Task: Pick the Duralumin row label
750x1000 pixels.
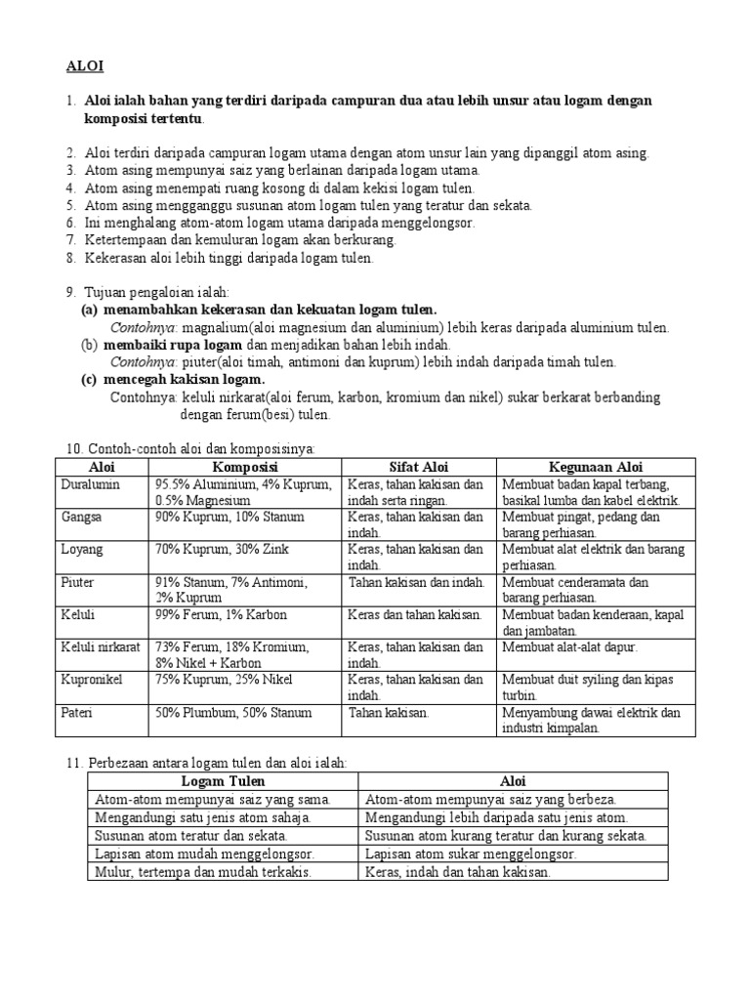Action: [x=89, y=484]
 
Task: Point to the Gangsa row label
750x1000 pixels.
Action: [x=82, y=517]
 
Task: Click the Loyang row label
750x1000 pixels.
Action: [x=82, y=549]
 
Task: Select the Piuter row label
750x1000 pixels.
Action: [x=78, y=582]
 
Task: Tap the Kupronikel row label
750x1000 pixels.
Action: [x=92, y=679]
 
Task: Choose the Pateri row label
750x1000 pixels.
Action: [x=78, y=712]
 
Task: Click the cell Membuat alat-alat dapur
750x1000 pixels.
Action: [x=569, y=646]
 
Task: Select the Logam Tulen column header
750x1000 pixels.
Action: [x=223, y=781]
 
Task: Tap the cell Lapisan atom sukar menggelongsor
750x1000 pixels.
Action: [x=471, y=854]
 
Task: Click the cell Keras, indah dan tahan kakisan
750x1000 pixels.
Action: [x=458, y=872]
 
